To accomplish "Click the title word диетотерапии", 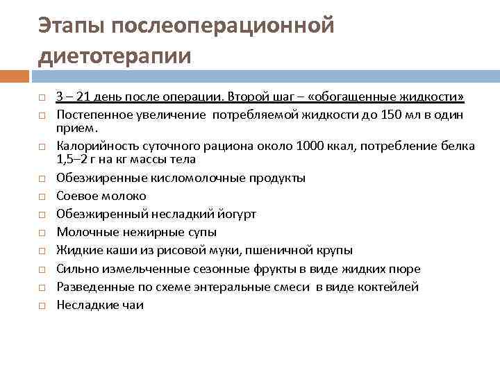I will [x=115, y=55].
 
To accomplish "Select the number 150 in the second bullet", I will [x=381, y=114].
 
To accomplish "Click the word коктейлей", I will [x=387, y=286].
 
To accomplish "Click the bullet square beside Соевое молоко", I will [x=42, y=197].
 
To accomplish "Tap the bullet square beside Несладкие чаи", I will [x=42, y=305].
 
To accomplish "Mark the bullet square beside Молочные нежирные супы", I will [x=42, y=233].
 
